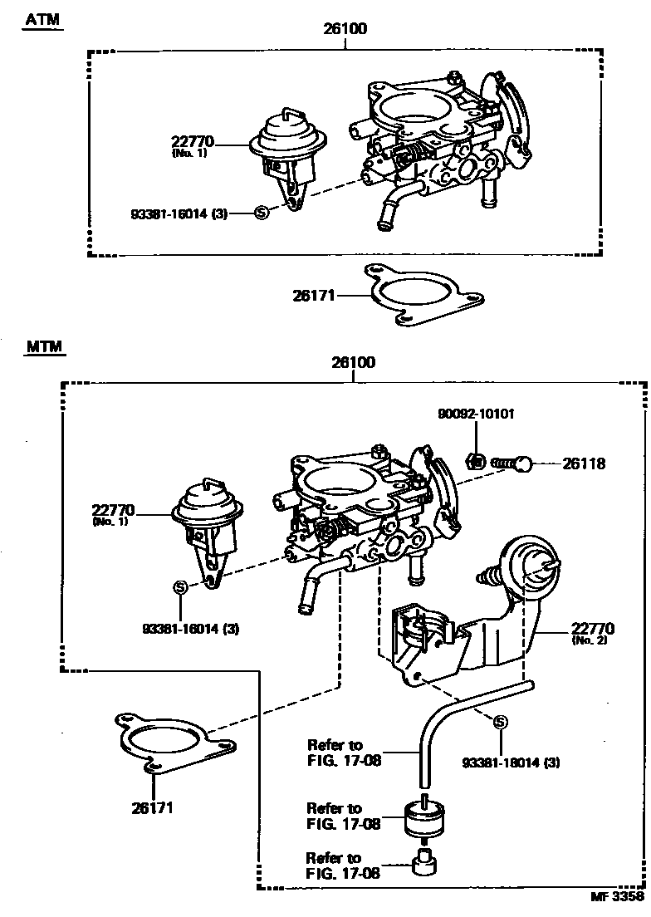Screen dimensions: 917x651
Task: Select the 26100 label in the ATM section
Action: point(345,28)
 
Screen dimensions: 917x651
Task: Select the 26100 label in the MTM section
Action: point(353,362)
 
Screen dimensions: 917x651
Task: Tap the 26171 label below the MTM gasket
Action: point(153,807)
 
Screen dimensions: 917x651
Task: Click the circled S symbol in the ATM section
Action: point(261,213)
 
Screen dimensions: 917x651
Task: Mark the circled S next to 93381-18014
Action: point(500,722)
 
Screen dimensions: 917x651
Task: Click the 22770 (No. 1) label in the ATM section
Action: point(193,147)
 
